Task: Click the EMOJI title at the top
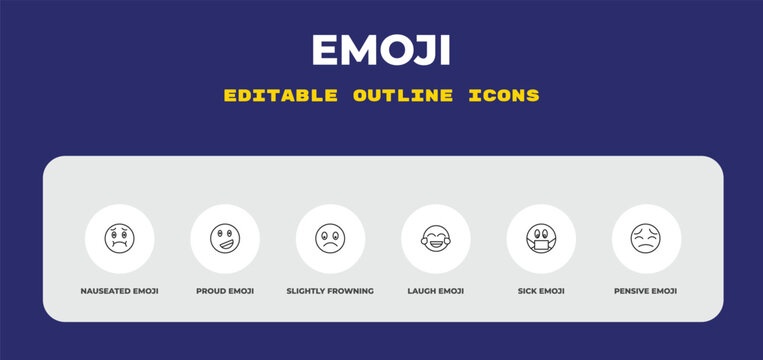(381, 49)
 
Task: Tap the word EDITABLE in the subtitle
(282, 96)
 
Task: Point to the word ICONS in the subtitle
(504, 96)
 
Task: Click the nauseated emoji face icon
(120, 239)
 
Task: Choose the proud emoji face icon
(225, 239)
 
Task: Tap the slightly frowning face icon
(330, 239)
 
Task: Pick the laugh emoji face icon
(436, 239)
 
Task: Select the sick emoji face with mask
(541, 239)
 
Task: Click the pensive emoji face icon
(646, 239)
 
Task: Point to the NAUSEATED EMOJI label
(120, 291)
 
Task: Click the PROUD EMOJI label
(225, 291)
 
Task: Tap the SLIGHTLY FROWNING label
(330, 291)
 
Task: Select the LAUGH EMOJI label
(436, 291)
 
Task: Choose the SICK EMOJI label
(541, 291)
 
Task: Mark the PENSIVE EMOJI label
(646, 291)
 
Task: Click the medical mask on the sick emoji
(541, 245)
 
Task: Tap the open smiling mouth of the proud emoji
(226, 244)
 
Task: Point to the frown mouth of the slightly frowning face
(330, 246)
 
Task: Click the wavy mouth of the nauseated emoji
(120, 246)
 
